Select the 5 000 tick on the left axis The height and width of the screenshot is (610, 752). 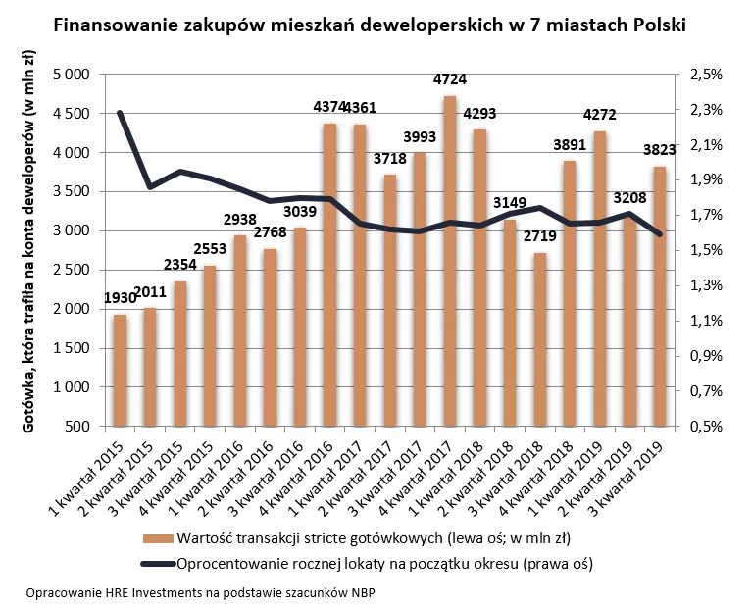(x=72, y=74)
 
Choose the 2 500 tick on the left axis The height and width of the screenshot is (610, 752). (x=72, y=270)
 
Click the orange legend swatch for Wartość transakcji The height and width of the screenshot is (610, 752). (x=157, y=538)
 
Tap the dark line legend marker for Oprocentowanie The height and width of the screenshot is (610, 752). (x=157, y=564)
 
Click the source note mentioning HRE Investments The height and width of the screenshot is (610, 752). (x=201, y=594)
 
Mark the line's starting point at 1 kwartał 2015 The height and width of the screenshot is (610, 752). (x=120, y=113)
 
